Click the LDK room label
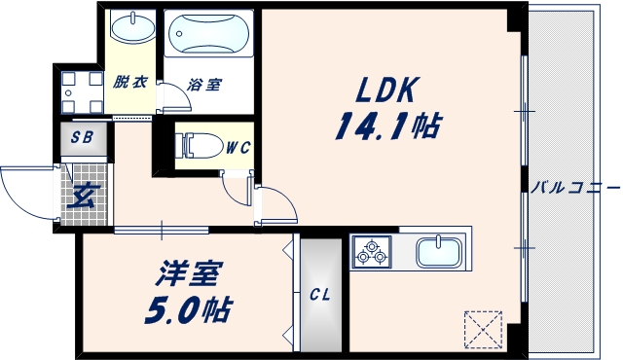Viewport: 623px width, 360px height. point(386,90)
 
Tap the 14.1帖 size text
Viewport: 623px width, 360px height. point(387,125)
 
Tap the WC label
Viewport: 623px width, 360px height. point(238,148)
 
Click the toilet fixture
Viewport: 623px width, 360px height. point(199,146)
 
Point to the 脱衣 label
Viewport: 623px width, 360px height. point(129,83)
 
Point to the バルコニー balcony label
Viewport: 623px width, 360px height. point(575,186)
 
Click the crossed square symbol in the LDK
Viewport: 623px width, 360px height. point(483,328)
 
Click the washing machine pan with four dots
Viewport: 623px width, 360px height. point(80,93)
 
